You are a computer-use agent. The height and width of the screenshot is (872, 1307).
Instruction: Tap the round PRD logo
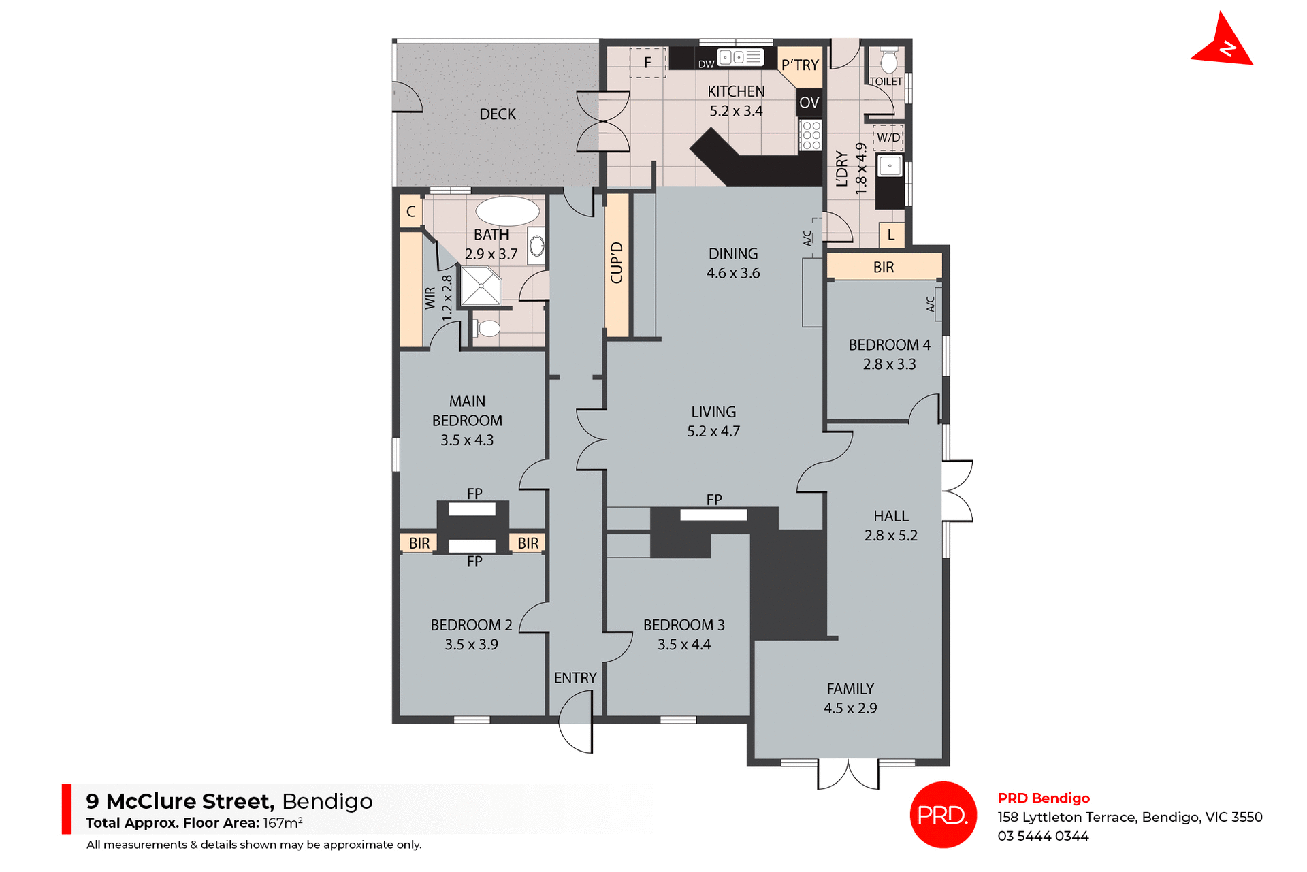click(x=943, y=814)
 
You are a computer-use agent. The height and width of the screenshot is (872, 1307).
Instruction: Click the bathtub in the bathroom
click(x=507, y=211)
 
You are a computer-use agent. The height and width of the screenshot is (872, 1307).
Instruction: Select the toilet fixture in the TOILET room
click(x=888, y=62)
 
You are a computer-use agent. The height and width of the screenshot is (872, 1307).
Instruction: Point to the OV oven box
click(x=809, y=103)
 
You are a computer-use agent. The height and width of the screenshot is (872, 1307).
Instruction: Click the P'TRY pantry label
click(x=800, y=65)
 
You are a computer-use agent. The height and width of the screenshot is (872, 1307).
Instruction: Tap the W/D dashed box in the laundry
click(x=888, y=138)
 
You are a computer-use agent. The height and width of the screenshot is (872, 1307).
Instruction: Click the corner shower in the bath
click(x=480, y=286)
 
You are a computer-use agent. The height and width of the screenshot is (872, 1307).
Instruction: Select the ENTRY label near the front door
click(x=575, y=678)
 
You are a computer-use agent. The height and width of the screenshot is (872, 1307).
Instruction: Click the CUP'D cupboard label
click(x=617, y=263)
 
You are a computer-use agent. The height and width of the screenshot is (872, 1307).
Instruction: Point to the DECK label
click(x=497, y=114)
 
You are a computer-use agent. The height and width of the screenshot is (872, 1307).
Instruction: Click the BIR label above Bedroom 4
click(x=883, y=268)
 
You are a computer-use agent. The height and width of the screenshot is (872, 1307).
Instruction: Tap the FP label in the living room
click(x=713, y=500)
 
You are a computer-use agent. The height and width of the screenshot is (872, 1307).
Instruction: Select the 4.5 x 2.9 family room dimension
click(x=850, y=708)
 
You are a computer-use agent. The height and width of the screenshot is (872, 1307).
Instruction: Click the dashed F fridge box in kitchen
click(x=647, y=63)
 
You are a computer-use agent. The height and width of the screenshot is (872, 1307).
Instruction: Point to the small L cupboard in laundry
click(x=890, y=236)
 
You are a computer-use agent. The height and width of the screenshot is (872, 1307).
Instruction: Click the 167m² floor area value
click(x=283, y=823)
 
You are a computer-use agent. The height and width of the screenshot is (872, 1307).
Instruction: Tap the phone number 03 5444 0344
click(x=1043, y=836)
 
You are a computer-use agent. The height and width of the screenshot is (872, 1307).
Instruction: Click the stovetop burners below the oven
click(x=811, y=135)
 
